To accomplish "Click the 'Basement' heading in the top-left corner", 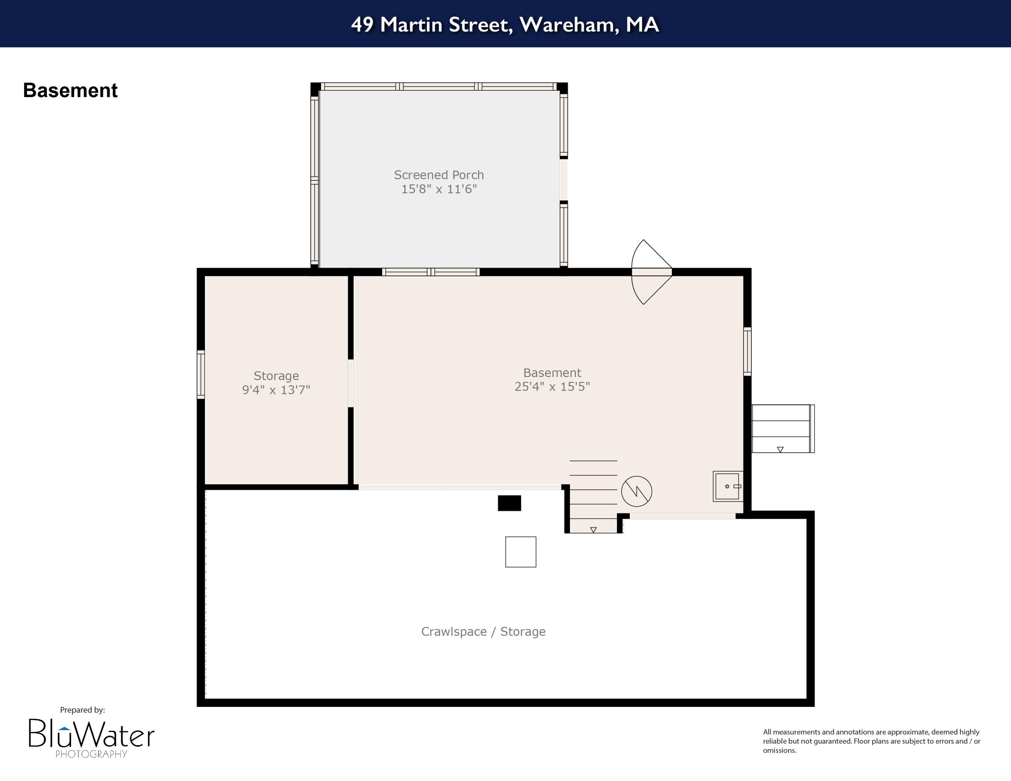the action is coord(70,90).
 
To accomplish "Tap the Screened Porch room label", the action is coord(439,175).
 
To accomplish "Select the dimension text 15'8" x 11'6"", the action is coord(439,189).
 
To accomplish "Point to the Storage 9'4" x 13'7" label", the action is coord(276,383).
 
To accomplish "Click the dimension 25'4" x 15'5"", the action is coord(552,386).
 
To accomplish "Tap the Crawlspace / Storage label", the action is coord(483,631).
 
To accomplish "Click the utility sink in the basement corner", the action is coord(728,486).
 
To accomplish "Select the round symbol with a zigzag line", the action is coord(637,491).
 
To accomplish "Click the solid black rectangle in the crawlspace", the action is coord(509,503).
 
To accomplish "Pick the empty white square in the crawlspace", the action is coord(520,552).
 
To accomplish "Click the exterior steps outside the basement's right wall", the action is coord(782,429).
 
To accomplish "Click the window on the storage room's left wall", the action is coord(201,374).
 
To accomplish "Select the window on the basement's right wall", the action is coord(747,351).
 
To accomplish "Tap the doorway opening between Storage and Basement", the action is coord(350,383).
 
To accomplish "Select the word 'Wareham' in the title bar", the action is coord(569,25).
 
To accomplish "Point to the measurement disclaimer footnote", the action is coord(872,741).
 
